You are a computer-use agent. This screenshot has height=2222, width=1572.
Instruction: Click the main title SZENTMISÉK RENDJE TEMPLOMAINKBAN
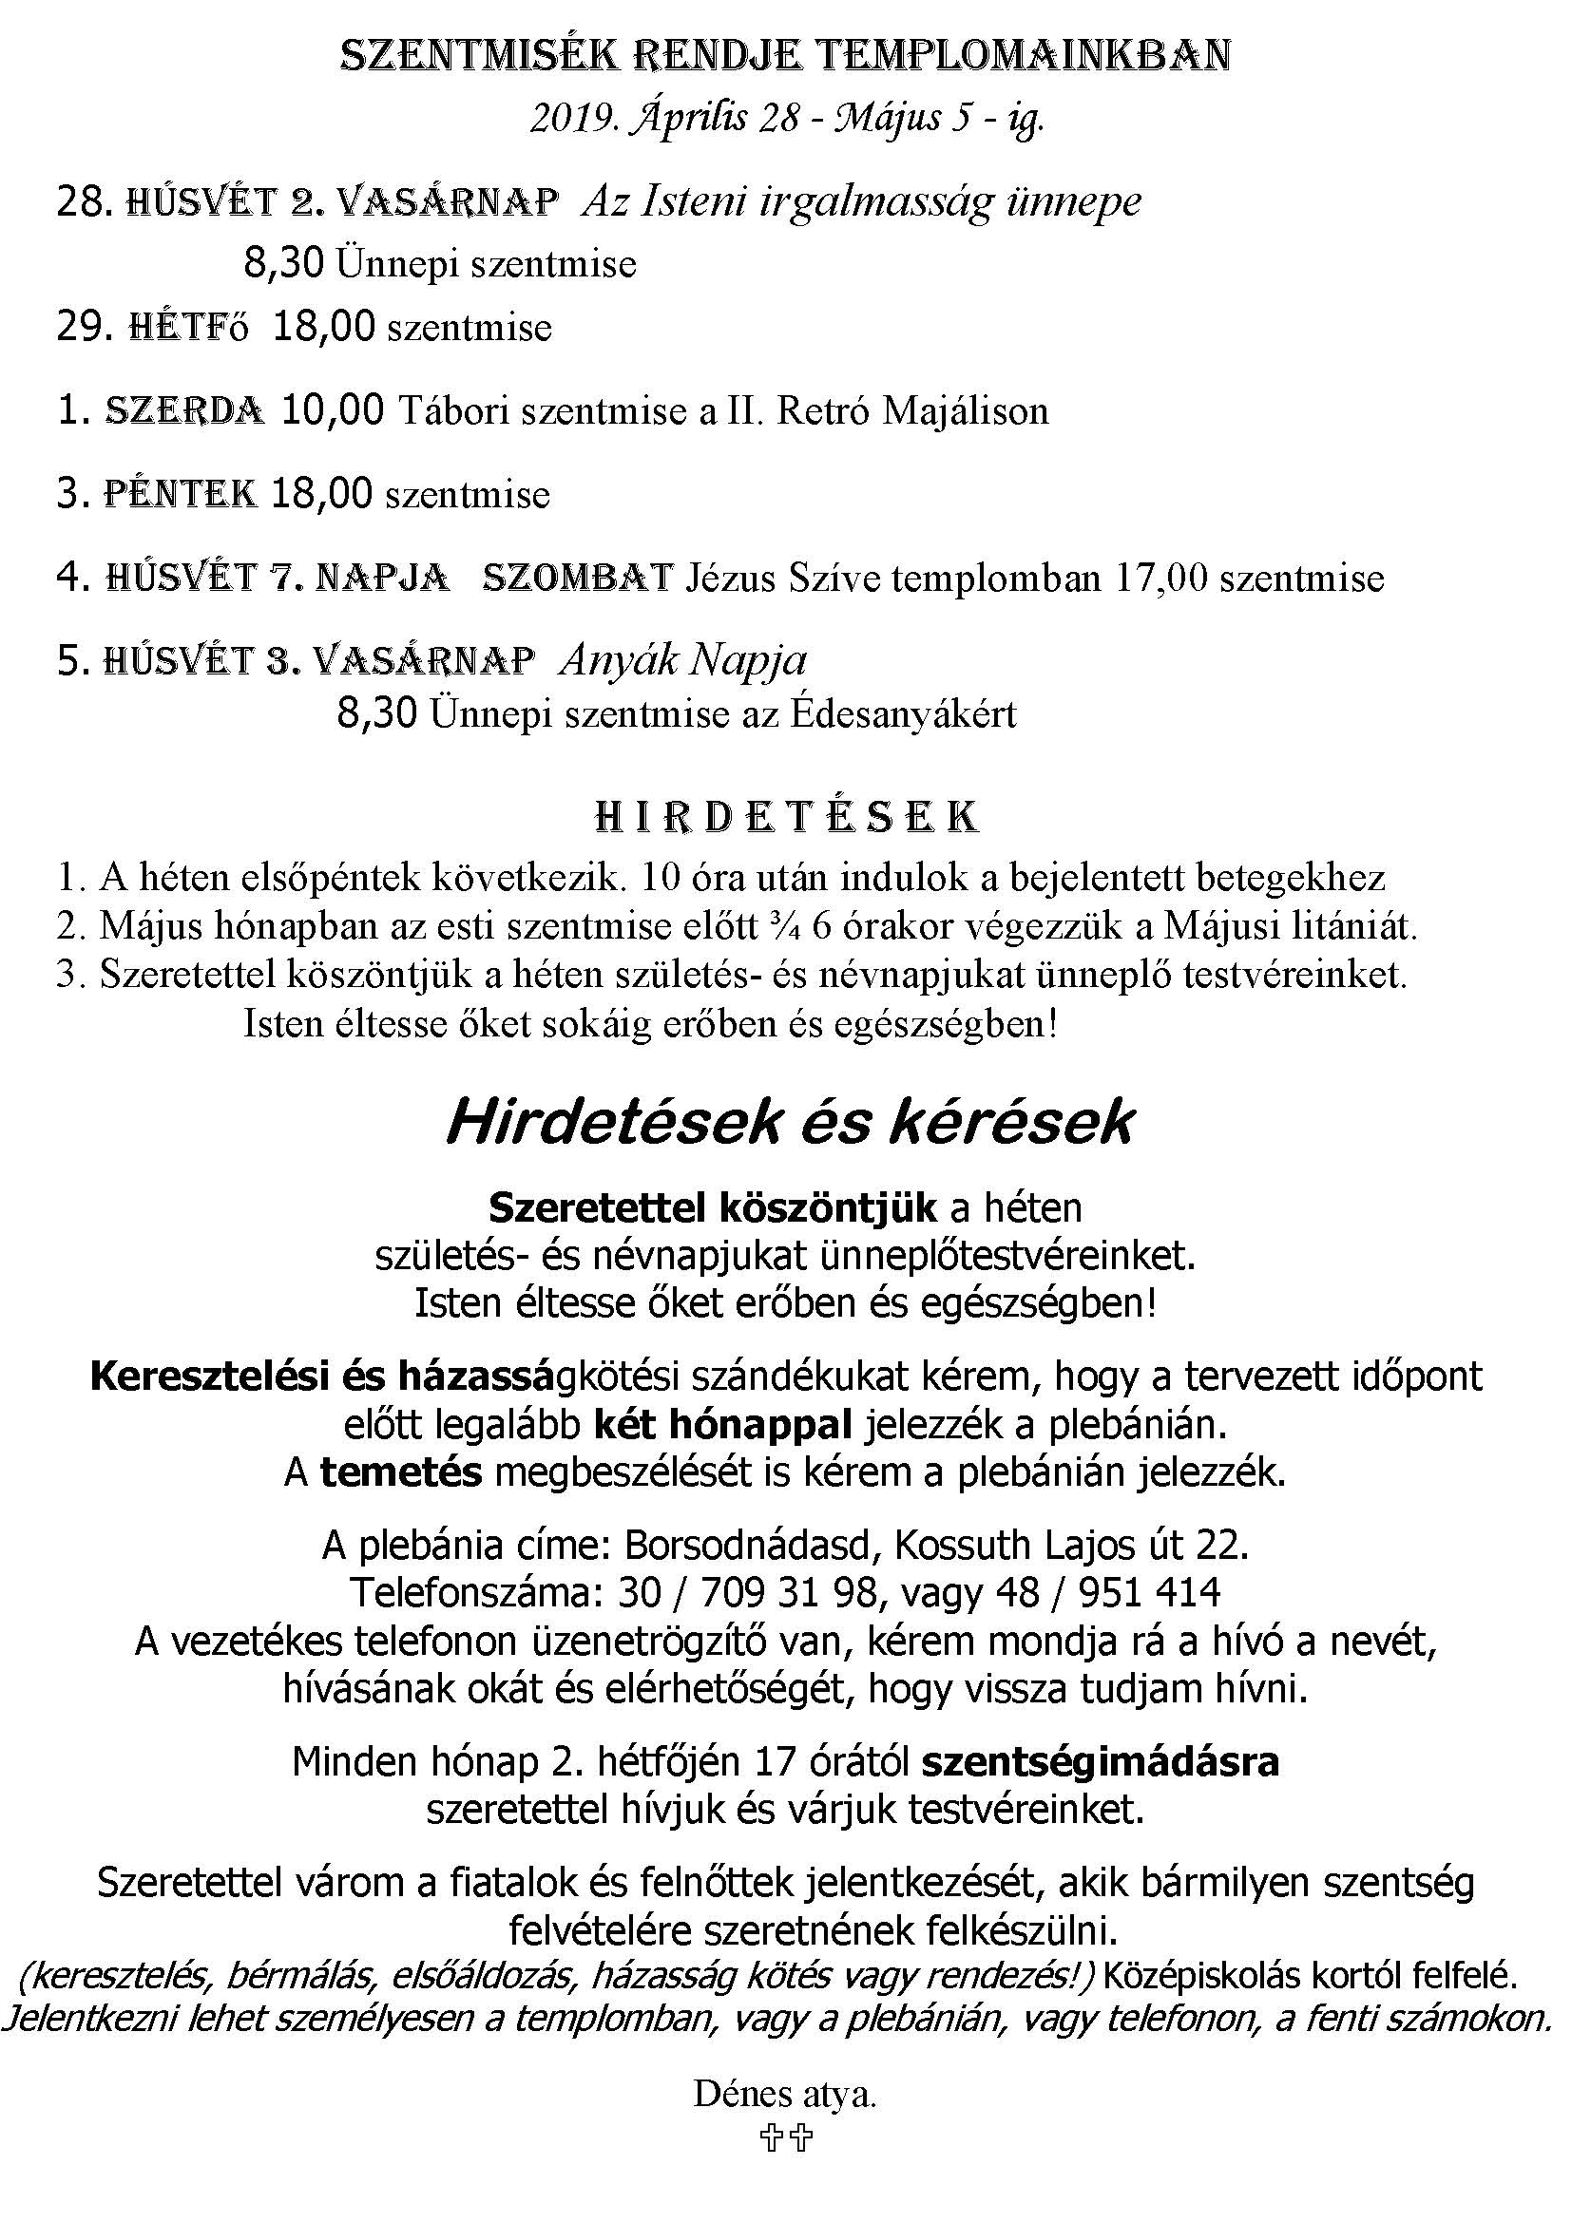(x=785, y=56)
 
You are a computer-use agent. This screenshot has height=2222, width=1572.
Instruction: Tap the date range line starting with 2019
(x=786, y=119)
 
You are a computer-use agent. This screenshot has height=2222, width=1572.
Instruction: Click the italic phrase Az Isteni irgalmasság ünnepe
(x=860, y=201)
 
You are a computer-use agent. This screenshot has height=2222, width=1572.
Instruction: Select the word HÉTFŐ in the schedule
(x=189, y=327)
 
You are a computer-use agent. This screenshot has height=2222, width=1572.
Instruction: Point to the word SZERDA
(x=184, y=410)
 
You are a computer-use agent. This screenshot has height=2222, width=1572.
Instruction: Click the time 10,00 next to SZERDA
(x=332, y=410)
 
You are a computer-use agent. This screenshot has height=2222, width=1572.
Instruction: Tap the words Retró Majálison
(x=912, y=410)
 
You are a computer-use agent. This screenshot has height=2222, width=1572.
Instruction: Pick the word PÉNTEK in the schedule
(x=180, y=494)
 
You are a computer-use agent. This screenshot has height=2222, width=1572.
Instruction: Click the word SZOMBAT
(x=577, y=578)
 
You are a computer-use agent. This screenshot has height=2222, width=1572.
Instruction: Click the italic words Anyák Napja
(x=682, y=661)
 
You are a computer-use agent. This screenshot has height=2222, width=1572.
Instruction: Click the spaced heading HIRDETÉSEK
(x=785, y=818)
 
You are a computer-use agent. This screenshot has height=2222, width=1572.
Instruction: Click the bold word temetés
(x=401, y=1472)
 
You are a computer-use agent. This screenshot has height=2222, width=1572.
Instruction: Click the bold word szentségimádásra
(x=1100, y=1761)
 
